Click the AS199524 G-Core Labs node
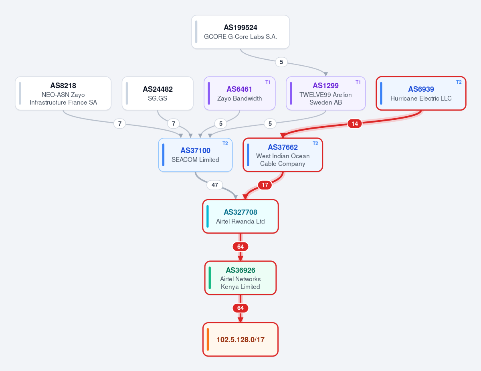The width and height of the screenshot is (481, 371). pyautogui.click(x=240, y=32)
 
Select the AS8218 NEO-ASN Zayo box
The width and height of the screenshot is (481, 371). pyautogui.click(x=63, y=93)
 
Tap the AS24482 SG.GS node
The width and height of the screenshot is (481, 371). pyautogui.click(x=158, y=93)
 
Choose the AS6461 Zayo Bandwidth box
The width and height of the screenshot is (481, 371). pyautogui.click(x=240, y=93)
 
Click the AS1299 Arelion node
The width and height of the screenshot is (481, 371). pyautogui.click(x=325, y=93)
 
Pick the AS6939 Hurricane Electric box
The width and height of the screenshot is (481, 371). pyautogui.click(x=421, y=93)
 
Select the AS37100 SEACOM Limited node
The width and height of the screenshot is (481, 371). pyautogui.click(x=195, y=155)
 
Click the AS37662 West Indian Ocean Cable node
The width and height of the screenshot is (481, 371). pyautogui.click(x=283, y=155)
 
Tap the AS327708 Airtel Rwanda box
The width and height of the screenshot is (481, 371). pyautogui.click(x=240, y=216)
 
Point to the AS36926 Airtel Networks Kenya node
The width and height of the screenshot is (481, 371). pyautogui.click(x=240, y=278)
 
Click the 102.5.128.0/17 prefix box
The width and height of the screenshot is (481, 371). pyautogui.click(x=240, y=339)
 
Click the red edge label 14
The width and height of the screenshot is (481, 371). pyautogui.click(x=355, y=124)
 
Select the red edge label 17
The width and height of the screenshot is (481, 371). pyautogui.click(x=265, y=185)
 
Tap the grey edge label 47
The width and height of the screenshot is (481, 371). pyautogui.click(x=215, y=185)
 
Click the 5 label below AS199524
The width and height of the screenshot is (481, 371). pyautogui.click(x=281, y=62)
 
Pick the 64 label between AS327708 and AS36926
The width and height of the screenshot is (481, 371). pyautogui.click(x=240, y=246)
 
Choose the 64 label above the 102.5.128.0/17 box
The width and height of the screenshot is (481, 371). pyautogui.click(x=240, y=308)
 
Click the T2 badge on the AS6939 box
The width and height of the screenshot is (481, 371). pyautogui.click(x=459, y=82)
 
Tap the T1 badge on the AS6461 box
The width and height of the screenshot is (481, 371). pyautogui.click(x=268, y=82)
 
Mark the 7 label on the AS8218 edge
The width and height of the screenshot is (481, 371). pyautogui.click(x=120, y=124)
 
